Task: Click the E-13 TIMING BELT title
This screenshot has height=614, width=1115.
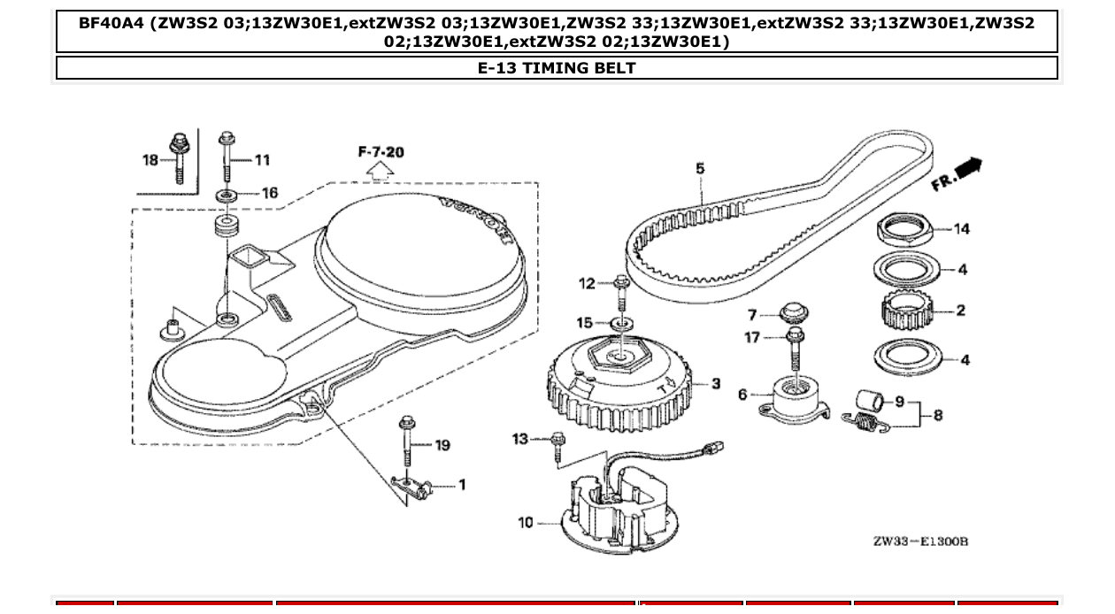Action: [557, 68]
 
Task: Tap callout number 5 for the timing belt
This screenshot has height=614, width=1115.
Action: [700, 168]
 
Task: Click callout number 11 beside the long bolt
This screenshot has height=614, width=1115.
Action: [262, 160]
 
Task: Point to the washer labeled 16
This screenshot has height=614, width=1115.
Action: [227, 194]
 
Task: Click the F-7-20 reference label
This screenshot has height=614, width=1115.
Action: [381, 152]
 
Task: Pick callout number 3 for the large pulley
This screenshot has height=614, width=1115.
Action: [715, 384]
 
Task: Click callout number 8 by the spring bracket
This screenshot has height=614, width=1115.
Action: [937, 415]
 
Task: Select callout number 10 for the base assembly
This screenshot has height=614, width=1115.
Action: [526, 523]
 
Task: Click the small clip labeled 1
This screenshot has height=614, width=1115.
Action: [411, 486]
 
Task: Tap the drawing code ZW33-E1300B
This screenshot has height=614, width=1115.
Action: [920, 541]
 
